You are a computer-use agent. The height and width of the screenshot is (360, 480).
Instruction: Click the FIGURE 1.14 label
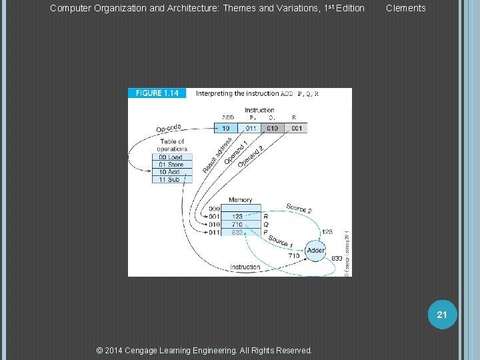[x=157, y=93]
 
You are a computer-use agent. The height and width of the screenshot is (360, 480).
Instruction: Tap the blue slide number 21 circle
[x=441, y=314]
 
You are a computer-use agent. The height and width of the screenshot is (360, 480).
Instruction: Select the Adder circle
[x=315, y=251]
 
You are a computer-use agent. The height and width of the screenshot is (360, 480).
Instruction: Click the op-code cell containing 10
[x=225, y=128]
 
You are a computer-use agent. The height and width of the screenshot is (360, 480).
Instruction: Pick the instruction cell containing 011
[x=250, y=128]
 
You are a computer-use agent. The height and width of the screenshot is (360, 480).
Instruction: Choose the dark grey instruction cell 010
[x=273, y=128]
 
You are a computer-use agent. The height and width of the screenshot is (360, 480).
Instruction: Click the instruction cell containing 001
[x=296, y=128]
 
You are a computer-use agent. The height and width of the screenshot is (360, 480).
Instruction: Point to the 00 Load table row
[x=171, y=157]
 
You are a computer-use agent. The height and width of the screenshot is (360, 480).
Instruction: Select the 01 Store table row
[x=171, y=165]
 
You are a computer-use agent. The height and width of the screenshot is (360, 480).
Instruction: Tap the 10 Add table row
[x=171, y=172]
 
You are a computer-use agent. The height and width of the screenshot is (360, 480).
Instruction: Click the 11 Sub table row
[x=171, y=179]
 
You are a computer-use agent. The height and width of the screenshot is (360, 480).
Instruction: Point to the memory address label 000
[x=215, y=209]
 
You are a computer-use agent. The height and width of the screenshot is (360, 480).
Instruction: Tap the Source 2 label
[x=299, y=209]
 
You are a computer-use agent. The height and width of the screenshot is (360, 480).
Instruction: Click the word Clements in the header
[x=405, y=9]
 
